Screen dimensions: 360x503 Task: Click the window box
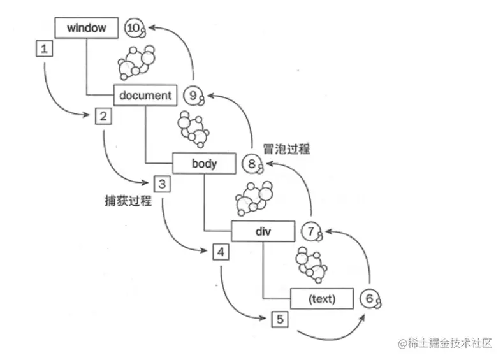coord(86,28)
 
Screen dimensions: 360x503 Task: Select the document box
coord(145,96)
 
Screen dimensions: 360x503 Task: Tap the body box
coord(204,164)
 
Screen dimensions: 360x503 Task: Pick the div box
coord(263,231)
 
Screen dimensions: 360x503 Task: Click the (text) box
coord(322,298)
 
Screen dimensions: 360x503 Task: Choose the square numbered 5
coord(279,319)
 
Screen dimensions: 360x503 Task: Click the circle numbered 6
coord(369,298)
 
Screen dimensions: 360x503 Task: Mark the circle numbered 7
coord(310,231)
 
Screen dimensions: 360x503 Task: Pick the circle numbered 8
coord(251,164)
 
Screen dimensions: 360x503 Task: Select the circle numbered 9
coord(192,96)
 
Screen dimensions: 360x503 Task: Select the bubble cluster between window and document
coord(136,61)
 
